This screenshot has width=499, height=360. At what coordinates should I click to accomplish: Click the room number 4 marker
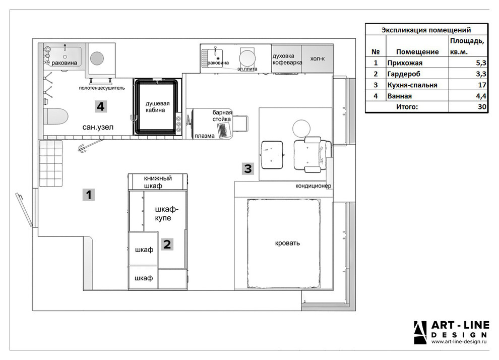101,106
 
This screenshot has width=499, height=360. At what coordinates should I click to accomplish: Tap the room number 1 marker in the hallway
89,195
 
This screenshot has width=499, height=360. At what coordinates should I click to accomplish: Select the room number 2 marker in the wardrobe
167,244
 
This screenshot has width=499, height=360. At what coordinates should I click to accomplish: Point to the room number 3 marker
248,168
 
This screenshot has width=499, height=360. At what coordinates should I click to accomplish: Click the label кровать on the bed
287,243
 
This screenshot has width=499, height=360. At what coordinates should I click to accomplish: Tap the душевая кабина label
158,106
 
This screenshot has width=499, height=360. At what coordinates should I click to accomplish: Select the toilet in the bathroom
56,116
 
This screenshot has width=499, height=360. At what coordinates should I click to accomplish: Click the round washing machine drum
97,58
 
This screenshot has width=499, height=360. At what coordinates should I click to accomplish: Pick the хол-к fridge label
317,58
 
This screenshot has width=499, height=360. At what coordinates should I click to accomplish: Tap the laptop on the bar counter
224,130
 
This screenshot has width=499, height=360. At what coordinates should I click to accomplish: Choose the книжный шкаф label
158,182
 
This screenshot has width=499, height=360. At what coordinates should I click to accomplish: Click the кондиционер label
313,186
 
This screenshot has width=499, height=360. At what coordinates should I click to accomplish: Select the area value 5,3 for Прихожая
481,63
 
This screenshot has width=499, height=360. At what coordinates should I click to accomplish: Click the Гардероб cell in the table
404,74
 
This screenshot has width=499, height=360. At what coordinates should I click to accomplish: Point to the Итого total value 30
482,106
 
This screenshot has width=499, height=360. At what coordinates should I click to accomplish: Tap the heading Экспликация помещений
426,30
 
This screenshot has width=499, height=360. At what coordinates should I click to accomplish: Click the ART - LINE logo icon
420,333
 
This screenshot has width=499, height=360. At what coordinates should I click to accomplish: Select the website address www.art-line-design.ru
459,342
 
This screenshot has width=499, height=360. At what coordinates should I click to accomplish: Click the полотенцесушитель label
102,88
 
